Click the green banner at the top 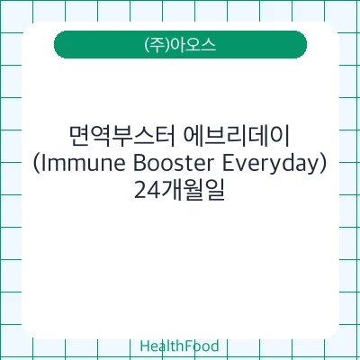pos(180,44)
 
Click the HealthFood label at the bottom pos(180,346)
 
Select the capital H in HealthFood pos(145,346)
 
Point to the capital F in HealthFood pos(184,346)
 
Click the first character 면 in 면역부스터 pos(78,137)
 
